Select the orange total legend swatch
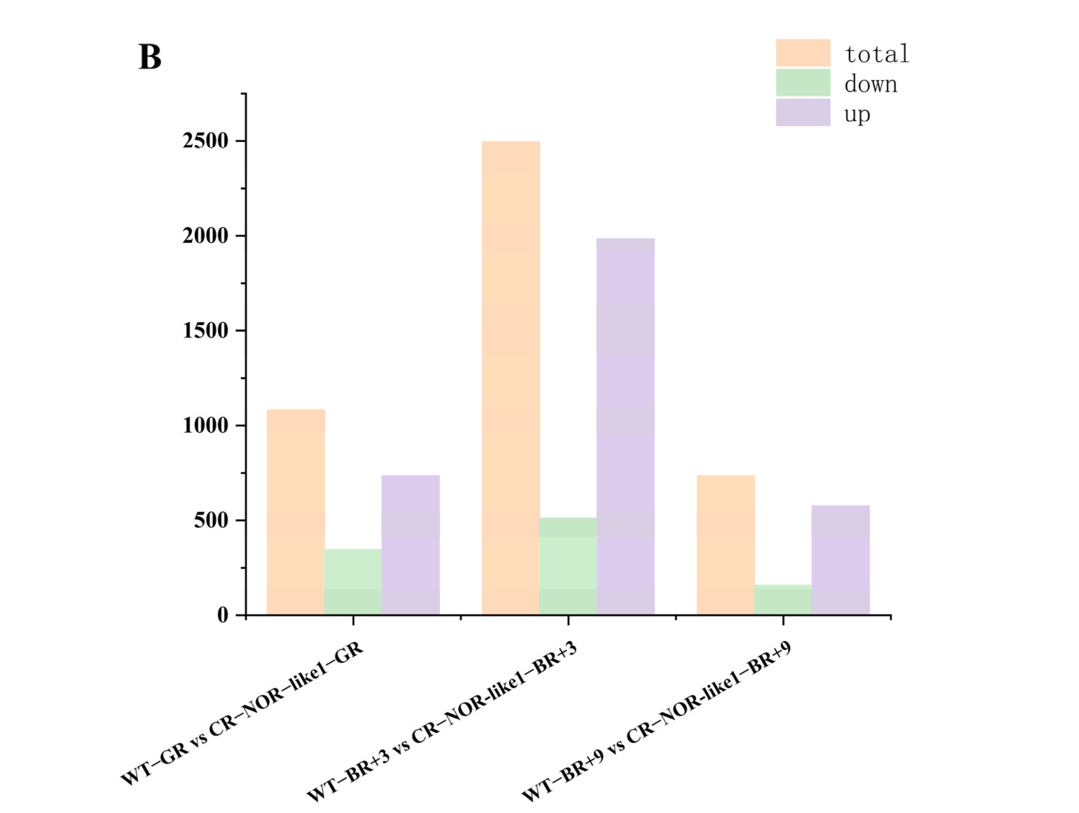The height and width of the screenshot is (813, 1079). [x=803, y=53]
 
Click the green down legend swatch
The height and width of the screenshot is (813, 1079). [x=803, y=83]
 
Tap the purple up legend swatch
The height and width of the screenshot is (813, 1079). [x=803, y=112]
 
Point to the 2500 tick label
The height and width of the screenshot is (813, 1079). [x=205, y=141]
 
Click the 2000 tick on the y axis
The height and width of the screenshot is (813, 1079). [x=205, y=236]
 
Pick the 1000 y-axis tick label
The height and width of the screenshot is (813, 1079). [x=205, y=426]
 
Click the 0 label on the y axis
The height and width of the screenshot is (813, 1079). [x=222, y=615]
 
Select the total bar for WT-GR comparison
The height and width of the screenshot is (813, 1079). [x=296, y=512]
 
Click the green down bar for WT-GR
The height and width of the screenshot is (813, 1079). [x=353, y=582]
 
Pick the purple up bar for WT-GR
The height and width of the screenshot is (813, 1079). [x=410, y=545]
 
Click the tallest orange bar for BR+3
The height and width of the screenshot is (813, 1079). [x=511, y=378]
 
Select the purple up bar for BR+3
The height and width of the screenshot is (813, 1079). [x=625, y=427]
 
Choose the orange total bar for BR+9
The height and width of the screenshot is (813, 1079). [x=725, y=545]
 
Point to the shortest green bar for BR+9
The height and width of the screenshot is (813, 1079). [x=783, y=600]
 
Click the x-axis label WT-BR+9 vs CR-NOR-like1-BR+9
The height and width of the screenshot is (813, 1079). [x=656, y=722]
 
